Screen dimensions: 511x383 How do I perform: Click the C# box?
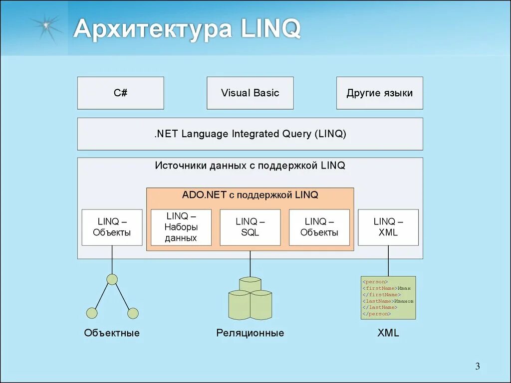120,93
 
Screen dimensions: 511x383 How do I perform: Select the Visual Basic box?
250,93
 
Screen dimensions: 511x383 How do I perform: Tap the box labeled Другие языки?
379,93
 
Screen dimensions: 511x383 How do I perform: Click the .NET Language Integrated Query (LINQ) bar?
250,134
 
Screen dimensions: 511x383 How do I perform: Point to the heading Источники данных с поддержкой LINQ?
250,166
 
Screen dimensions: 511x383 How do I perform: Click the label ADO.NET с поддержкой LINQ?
250,195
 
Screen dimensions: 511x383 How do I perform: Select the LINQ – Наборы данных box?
181,227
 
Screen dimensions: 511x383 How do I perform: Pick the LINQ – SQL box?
250,227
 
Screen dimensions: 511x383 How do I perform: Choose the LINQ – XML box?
388,227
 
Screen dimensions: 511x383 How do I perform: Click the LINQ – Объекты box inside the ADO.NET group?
319,227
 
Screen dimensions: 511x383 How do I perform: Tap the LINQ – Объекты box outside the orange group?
112,227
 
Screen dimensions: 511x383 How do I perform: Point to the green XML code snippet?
388,298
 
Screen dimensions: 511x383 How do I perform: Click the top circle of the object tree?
112,279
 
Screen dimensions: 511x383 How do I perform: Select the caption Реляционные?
250,333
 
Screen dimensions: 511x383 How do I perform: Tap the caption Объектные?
112,333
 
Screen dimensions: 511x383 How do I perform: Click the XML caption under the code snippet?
388,333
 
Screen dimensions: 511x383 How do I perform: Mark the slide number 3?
477,367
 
